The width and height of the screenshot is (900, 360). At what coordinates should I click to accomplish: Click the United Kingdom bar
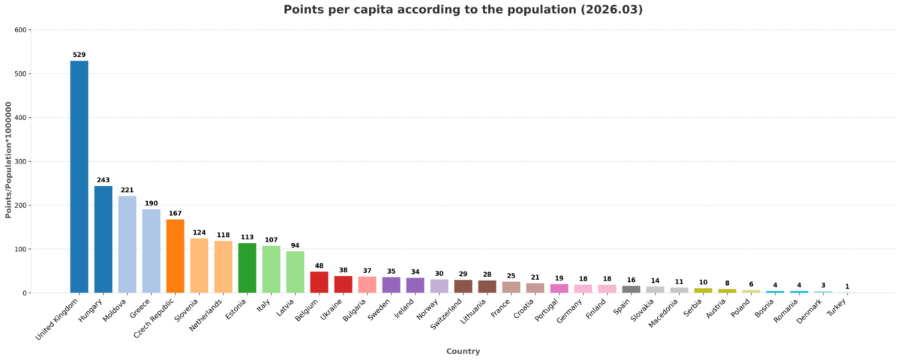[79, 176]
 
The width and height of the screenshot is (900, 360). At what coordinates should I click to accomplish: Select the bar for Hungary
[103, 239]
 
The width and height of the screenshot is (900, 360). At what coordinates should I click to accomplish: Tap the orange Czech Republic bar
[175, 256]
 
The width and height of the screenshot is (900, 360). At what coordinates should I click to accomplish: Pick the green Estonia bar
[247, 268]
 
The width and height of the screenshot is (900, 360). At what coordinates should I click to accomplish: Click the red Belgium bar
[319, 282]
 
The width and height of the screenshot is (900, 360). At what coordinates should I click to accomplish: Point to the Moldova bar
[127, 244]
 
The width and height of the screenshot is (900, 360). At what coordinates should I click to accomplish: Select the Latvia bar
[295, 272]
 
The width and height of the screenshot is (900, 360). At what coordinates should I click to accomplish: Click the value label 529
[79, 55]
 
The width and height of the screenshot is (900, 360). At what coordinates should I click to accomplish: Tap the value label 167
[175, 214]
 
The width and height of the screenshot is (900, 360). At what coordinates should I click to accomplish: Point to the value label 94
[295, 245]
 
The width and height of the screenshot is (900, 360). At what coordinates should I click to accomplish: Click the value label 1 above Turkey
[847, 286]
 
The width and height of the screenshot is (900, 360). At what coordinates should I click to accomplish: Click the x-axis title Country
[463, 351]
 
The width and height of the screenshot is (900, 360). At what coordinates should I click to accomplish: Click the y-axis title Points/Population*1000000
[8, 161]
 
